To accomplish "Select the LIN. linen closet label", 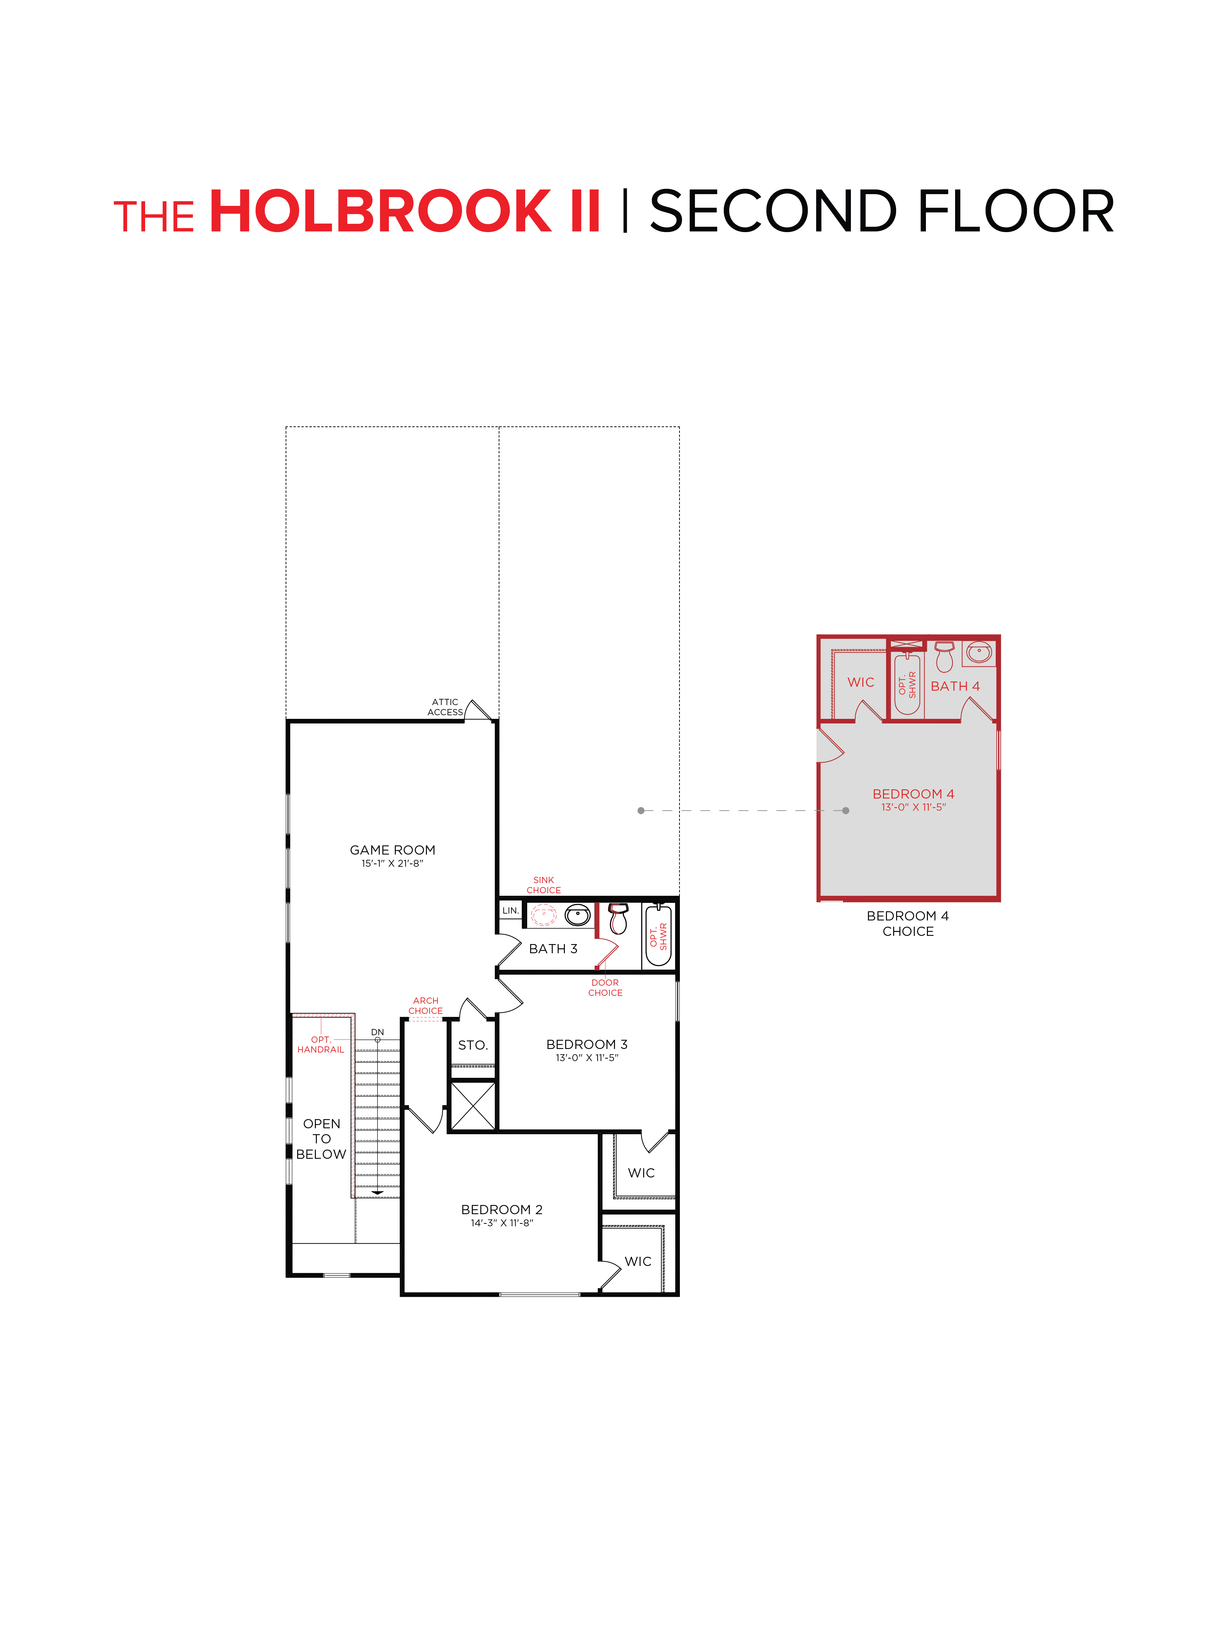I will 510,910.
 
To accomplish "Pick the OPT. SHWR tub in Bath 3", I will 658,936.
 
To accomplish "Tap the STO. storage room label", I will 473,1045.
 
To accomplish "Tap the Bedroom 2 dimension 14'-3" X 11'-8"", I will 502,1223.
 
